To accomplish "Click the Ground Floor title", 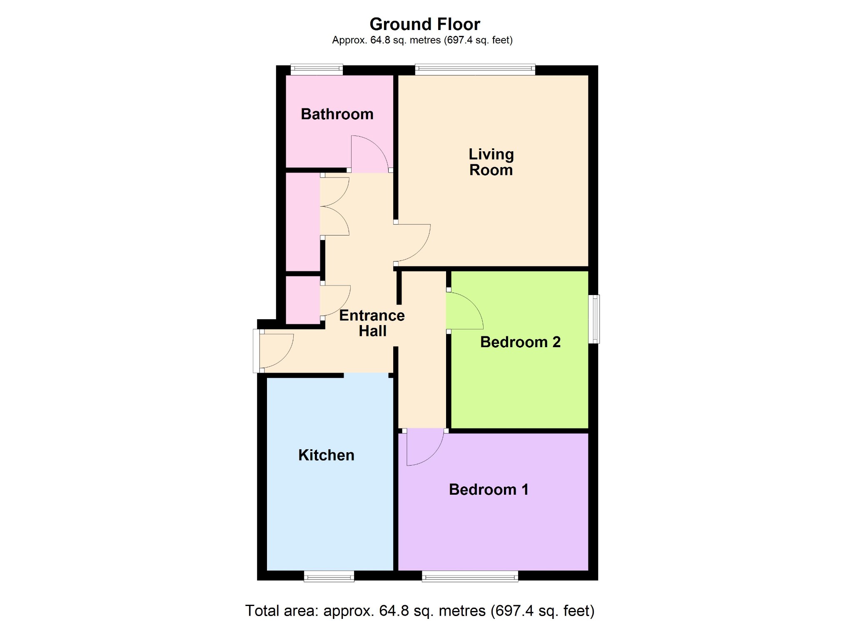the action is (425, 24).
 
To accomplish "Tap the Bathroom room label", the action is (337, 114).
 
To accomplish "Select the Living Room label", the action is (491, 162).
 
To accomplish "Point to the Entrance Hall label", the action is (372, 323).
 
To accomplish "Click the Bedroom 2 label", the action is (520, 342).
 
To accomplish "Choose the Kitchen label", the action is (326, 455).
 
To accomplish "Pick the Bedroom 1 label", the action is (489, 489).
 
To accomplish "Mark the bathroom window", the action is (317, 70).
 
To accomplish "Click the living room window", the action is (475, 70).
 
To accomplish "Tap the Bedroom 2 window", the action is (594, 319).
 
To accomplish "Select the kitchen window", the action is (329, 576).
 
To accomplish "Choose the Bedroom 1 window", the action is (470, 576).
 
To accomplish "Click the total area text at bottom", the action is (420, 611).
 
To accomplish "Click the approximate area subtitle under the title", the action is (422, 40).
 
